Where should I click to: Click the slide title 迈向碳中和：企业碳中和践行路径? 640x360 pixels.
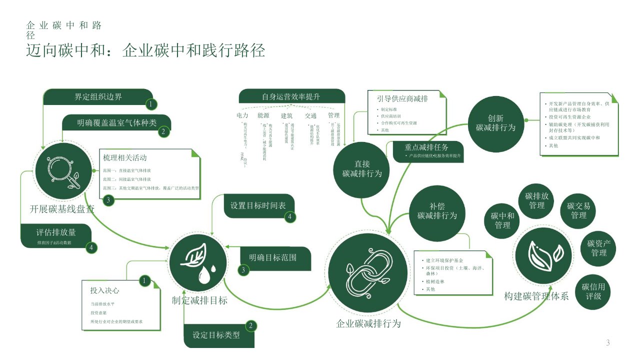click(145, 51)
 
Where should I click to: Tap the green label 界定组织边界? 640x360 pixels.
click(98, 97)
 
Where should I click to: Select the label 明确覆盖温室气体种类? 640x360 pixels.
click(116, 123)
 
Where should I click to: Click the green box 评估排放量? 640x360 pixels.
click(56, 233)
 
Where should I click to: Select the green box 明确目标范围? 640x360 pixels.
click(273, 258)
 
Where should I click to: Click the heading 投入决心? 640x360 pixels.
click(104, 290)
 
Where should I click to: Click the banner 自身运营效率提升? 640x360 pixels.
click(291, 96)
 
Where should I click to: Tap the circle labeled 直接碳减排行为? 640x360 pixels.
click(362, 169)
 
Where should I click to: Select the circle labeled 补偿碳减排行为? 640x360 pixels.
click(437, 211)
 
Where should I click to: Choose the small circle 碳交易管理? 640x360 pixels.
click(578, 210)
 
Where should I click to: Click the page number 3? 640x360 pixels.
click(608, 343)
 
